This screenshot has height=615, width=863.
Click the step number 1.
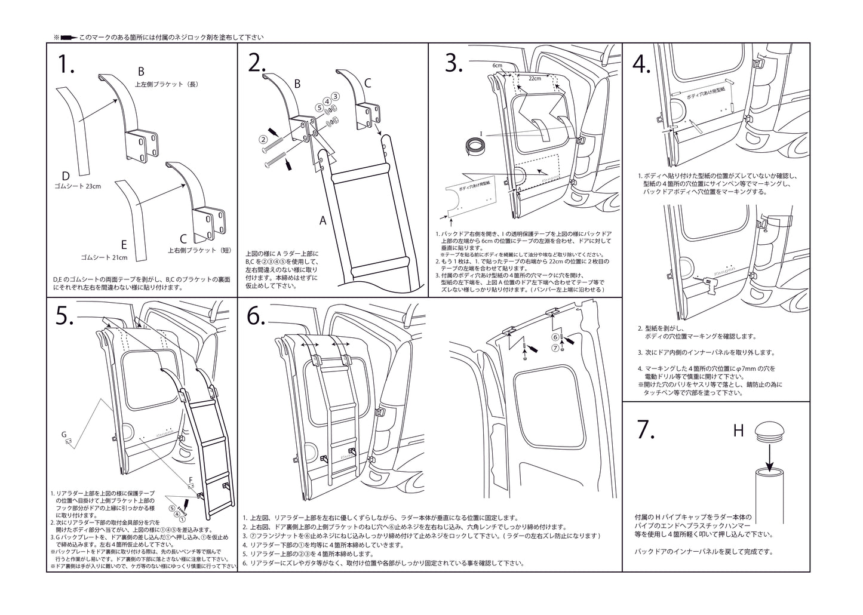pos(66,64)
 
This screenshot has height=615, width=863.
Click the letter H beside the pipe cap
pos(738,430)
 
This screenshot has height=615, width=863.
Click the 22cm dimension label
pos(535,78)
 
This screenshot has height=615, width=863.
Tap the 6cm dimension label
pos(497,65)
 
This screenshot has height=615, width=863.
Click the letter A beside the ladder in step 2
pos(323,220)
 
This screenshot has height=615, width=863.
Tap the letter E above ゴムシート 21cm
pos(124,244)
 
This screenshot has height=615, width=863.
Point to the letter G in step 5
pos(64,434)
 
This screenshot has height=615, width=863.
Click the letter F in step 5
pos(191,479)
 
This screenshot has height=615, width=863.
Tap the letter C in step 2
pos(368,83)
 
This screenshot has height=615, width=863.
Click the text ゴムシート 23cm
pos(77,186)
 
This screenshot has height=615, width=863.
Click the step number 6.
pos(256,317)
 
